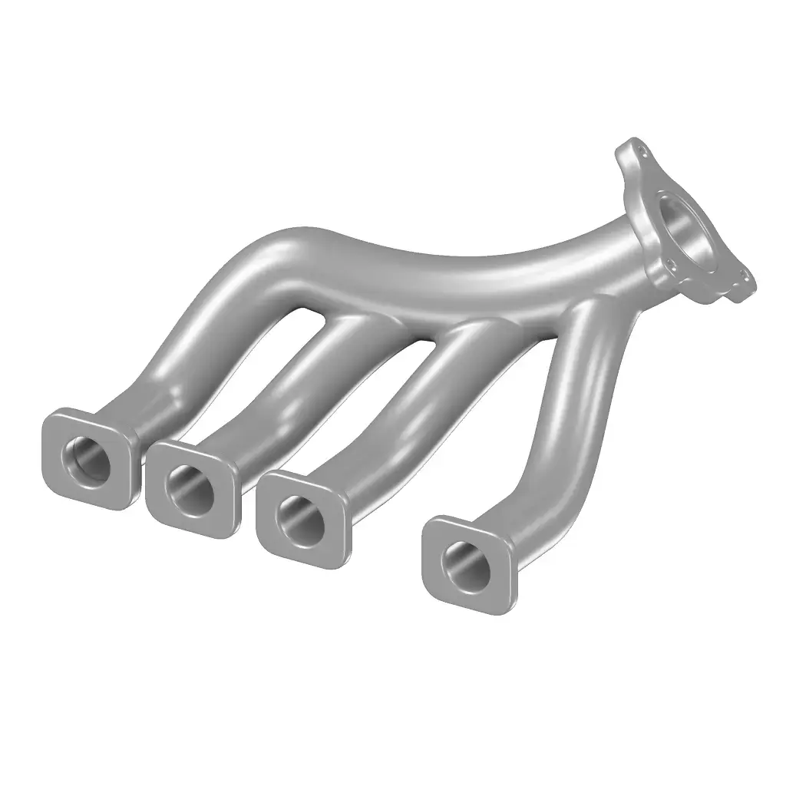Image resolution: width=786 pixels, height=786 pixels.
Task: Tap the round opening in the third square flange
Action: point(299,517)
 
